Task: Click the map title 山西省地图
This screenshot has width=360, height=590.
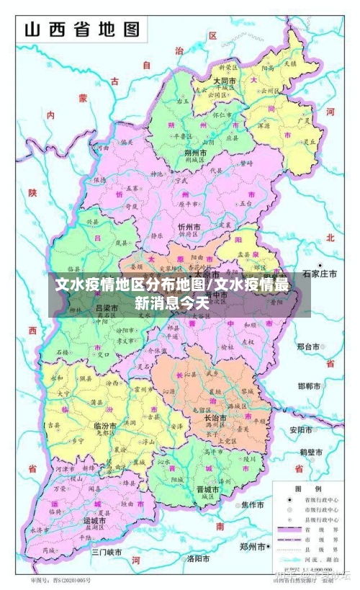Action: click(82, 30)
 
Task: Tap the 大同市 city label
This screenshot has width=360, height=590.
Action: click(225, 81)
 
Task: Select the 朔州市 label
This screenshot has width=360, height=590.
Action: click(196, 153)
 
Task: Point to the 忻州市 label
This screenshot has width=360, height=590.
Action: click(189, 227)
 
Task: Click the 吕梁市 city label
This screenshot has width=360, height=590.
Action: click(107, 308)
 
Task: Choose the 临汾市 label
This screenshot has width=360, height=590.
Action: click(106, 426)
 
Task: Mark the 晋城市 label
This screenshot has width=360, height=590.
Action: click(207, 489)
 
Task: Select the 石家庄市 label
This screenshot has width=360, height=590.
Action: click(320, 274)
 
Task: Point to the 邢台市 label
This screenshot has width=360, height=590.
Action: click(312, 347)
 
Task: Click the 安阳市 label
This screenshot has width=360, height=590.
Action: click(302, 430)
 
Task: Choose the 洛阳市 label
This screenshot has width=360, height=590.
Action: click(197, 558)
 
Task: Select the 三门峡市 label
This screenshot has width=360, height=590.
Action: click(107, 552)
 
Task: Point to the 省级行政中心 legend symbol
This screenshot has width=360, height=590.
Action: click(289, 499)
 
